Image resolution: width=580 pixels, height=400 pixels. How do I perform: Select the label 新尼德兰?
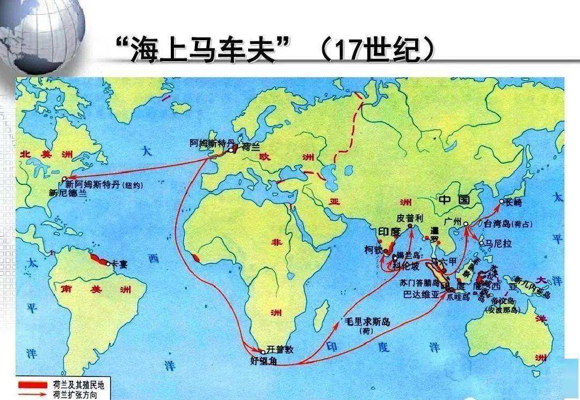pos(67,192)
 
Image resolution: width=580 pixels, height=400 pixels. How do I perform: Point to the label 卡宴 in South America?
pos(119,263)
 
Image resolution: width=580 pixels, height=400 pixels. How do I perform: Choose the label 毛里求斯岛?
pos(369,322)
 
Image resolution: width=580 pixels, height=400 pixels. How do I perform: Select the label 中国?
pos(454,200)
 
